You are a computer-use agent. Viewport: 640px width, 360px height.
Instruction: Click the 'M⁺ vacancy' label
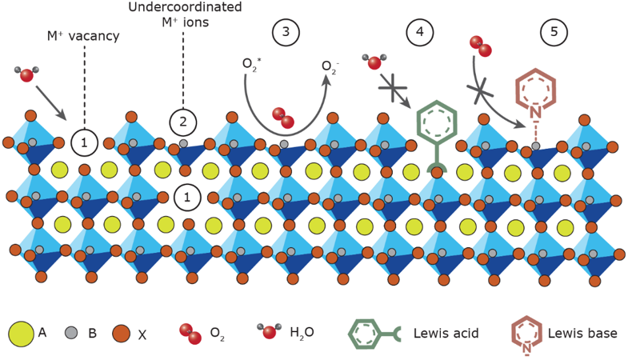(x=83, y=36)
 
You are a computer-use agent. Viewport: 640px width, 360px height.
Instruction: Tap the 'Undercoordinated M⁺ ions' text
(x=185, y=14)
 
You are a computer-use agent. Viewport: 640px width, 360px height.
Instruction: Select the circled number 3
(x=286, y=32)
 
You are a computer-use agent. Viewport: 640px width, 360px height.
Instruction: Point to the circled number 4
(x=419, y=32)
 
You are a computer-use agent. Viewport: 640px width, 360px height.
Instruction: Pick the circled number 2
(x=182, y=122)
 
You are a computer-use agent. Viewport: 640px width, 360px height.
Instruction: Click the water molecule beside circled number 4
(x=374, y=61)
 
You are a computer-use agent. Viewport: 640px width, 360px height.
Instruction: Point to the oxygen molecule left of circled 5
(x=480, y=46)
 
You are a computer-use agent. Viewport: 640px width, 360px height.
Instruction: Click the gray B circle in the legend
(x=70, y=333)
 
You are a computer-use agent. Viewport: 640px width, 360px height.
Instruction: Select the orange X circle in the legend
(x=122, y=333)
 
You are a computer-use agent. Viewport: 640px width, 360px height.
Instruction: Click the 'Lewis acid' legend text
(x=441, y=333)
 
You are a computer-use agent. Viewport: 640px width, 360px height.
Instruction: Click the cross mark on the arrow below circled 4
(x=394, y=87)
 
